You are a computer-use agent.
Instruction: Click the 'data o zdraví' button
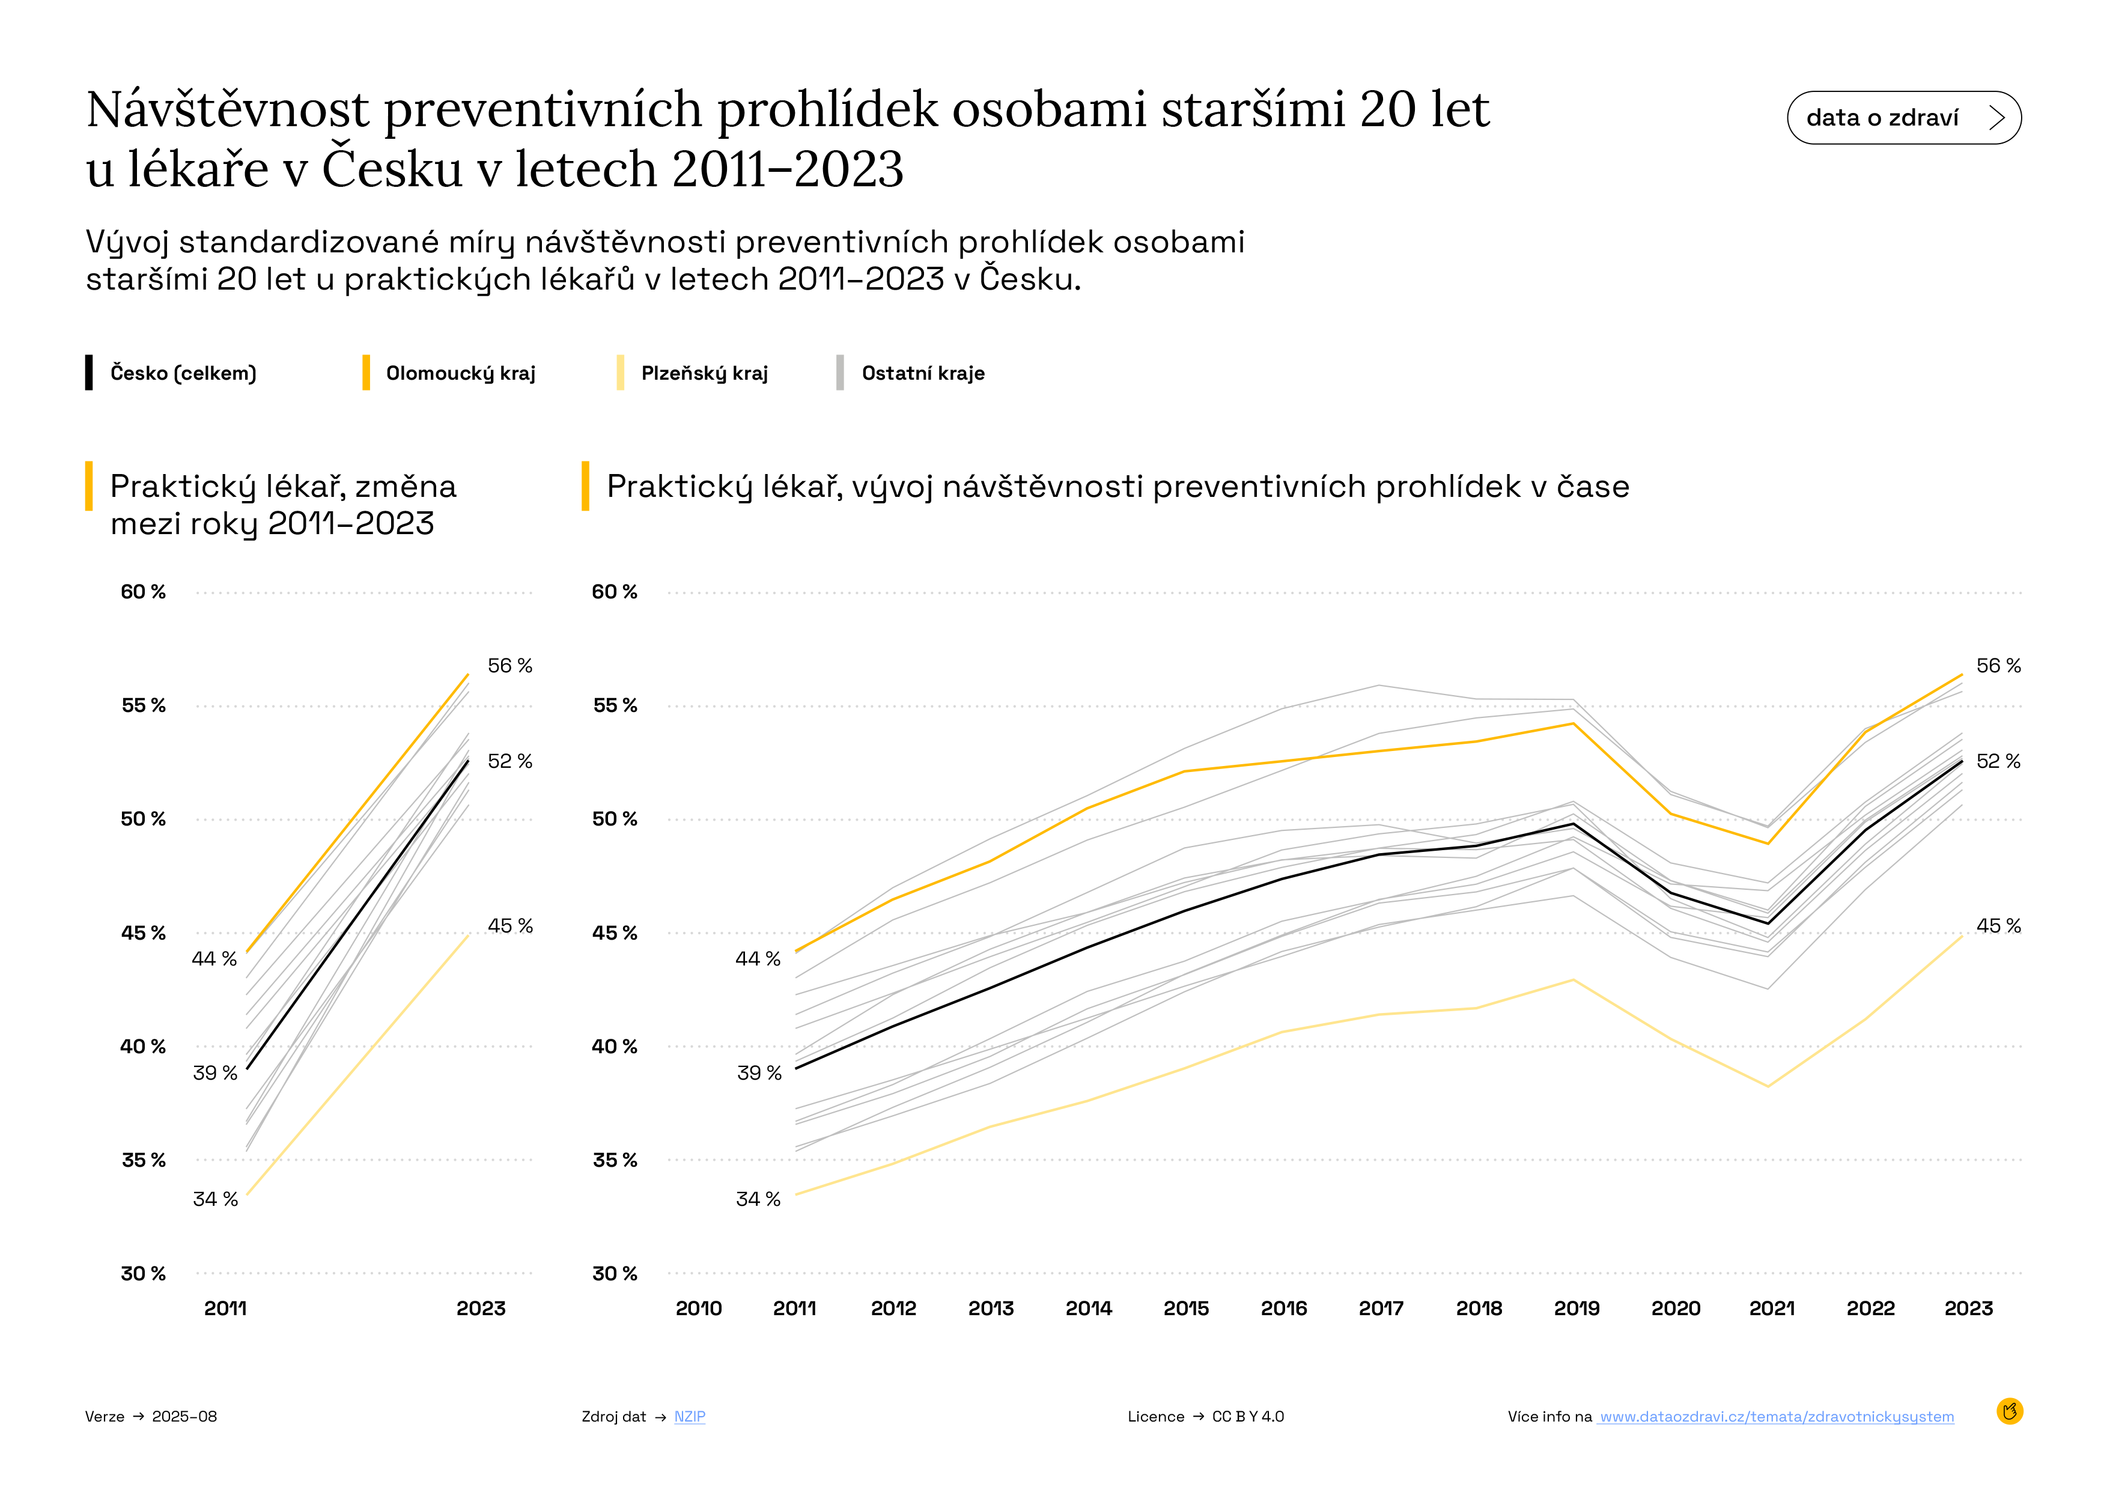1903,117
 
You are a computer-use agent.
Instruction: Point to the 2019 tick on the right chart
1576,1309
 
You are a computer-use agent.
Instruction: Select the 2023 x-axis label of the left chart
481,1309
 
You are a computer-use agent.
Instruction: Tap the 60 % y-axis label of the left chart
143,592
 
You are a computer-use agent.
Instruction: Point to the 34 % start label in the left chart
214,1199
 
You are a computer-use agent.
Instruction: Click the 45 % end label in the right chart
1998,926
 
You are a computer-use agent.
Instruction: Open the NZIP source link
689,1417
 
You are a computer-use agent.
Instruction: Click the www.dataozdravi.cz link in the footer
1776,1417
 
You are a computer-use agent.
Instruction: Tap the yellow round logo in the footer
2010,1411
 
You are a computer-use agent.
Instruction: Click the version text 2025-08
184,1417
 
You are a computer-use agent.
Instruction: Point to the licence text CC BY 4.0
1248,1417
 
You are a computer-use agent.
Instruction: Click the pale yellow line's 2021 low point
1768,1086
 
